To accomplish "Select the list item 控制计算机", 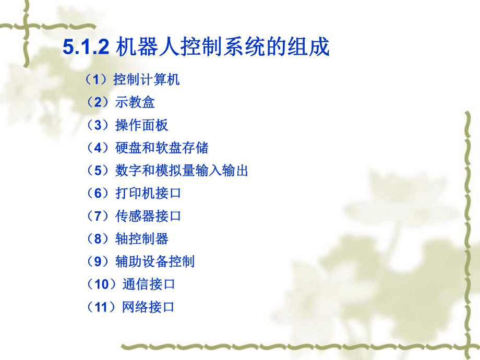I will (x=147, y=79).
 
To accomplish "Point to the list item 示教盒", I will (x=135, y=102).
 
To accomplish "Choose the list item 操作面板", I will (x=142, y=125).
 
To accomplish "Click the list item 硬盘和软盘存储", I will (x=162, y=148).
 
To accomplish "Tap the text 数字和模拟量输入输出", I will (x=182, y=171).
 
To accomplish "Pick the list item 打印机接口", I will (x=148, y=193).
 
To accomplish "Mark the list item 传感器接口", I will (x=148, y=216).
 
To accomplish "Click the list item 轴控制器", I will (x=142, y=239).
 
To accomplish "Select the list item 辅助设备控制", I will (x=155, y=261).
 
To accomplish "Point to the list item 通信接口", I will (x=149, y=284).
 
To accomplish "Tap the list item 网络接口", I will (x=148, y=307).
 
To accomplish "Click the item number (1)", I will (x=97, y=79).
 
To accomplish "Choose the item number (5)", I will (x=98, y=171).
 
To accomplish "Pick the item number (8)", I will (x=98, y=239).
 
